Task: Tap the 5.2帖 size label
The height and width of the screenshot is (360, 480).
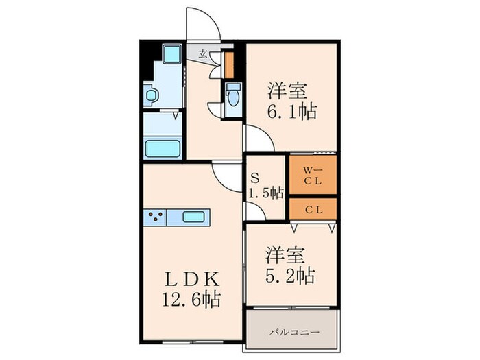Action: coord(291,276)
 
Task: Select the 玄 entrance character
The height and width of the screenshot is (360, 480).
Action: coord(203,53)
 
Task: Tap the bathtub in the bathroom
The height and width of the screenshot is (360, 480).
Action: coord(162,147)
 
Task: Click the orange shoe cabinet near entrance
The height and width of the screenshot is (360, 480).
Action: coord(230,63)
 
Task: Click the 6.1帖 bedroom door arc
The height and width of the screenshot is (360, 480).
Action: coord(259,137)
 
